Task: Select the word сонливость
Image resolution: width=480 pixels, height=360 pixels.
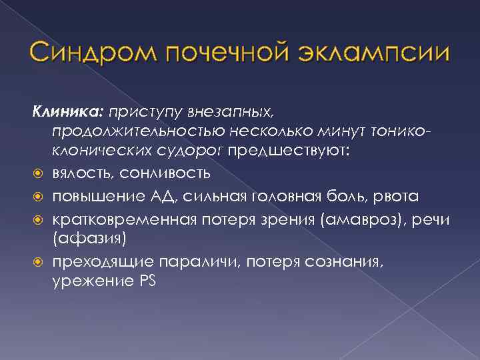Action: [170, 173]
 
